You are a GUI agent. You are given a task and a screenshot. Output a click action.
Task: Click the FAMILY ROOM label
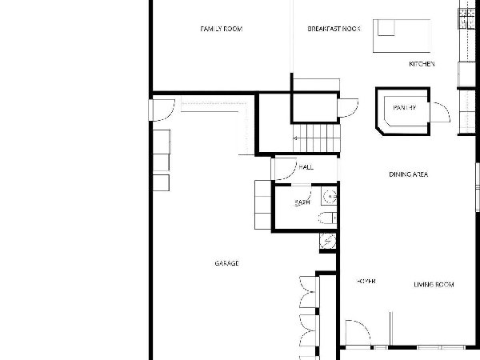222,29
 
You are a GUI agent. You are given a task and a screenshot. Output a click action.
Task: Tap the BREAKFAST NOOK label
334,29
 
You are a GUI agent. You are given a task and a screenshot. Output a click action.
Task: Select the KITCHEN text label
422,64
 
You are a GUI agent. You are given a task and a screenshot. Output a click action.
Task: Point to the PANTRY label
404,107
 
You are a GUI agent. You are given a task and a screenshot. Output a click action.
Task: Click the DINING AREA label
408,174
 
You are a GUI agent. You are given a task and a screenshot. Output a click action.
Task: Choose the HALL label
306,167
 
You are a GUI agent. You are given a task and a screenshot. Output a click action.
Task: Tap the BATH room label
302,202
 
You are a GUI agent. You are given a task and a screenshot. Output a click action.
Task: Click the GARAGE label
227,263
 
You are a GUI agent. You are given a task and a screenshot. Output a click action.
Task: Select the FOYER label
366,281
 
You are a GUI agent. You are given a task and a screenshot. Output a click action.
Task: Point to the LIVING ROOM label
434,284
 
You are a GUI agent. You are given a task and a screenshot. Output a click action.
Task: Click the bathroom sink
330,196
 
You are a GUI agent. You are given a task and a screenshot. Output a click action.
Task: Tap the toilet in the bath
327,218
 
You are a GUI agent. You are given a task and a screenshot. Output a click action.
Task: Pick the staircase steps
317,138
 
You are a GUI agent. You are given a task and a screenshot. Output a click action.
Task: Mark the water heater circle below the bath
327,241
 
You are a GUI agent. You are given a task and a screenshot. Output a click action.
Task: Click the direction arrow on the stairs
295,138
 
